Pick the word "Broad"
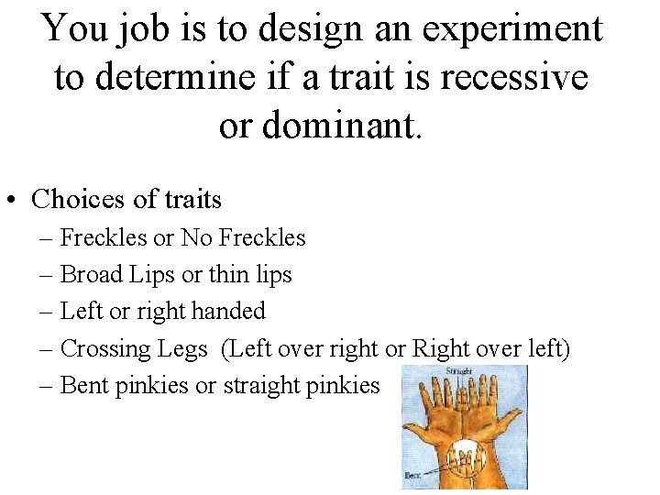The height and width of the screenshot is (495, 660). tap(90, 274)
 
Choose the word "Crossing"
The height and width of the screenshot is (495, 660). tap(98, 348)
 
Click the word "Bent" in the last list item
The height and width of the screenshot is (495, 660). tap(84, 385)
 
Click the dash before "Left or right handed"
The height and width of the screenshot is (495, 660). tap(46, 312)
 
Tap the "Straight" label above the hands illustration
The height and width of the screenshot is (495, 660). tap(460, 371)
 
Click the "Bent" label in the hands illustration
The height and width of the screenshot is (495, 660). tap(412, 475)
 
